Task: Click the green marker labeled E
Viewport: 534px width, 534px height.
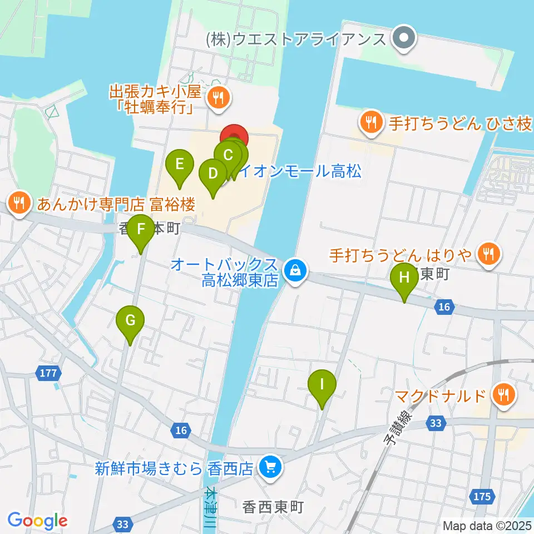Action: (180, 165)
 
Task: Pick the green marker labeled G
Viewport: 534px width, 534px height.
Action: (130, 321)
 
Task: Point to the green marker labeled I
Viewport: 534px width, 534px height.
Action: (322, 384)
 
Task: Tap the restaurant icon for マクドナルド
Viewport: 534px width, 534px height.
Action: (504, 396)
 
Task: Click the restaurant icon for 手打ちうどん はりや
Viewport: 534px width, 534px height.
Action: (489, 255)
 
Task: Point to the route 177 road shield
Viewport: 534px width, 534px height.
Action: (48, 372)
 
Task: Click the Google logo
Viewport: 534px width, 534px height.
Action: (38, 521)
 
